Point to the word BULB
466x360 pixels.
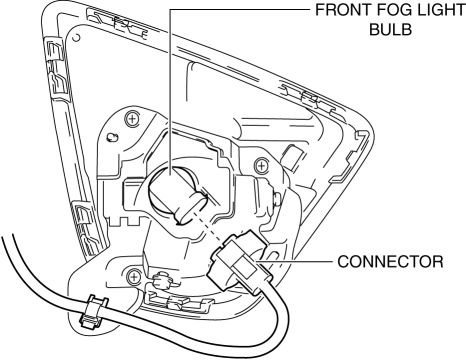coord(391,30)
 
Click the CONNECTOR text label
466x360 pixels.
coord(390,262)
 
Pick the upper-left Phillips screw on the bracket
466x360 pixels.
coord(132,119)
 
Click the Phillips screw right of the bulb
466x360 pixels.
coord(261,165)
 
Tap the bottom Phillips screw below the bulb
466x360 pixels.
coord(134,276)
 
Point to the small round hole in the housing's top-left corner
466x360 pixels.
coord(76,37)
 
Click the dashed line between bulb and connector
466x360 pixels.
coord(209,226)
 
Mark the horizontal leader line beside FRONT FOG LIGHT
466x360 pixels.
coord(240,9)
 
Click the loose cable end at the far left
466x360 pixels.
coord(7,240)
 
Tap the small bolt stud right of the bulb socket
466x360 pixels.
coord(278,199)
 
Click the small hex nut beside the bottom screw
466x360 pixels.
coord(162,280)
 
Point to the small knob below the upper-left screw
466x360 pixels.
coord(112,137)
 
